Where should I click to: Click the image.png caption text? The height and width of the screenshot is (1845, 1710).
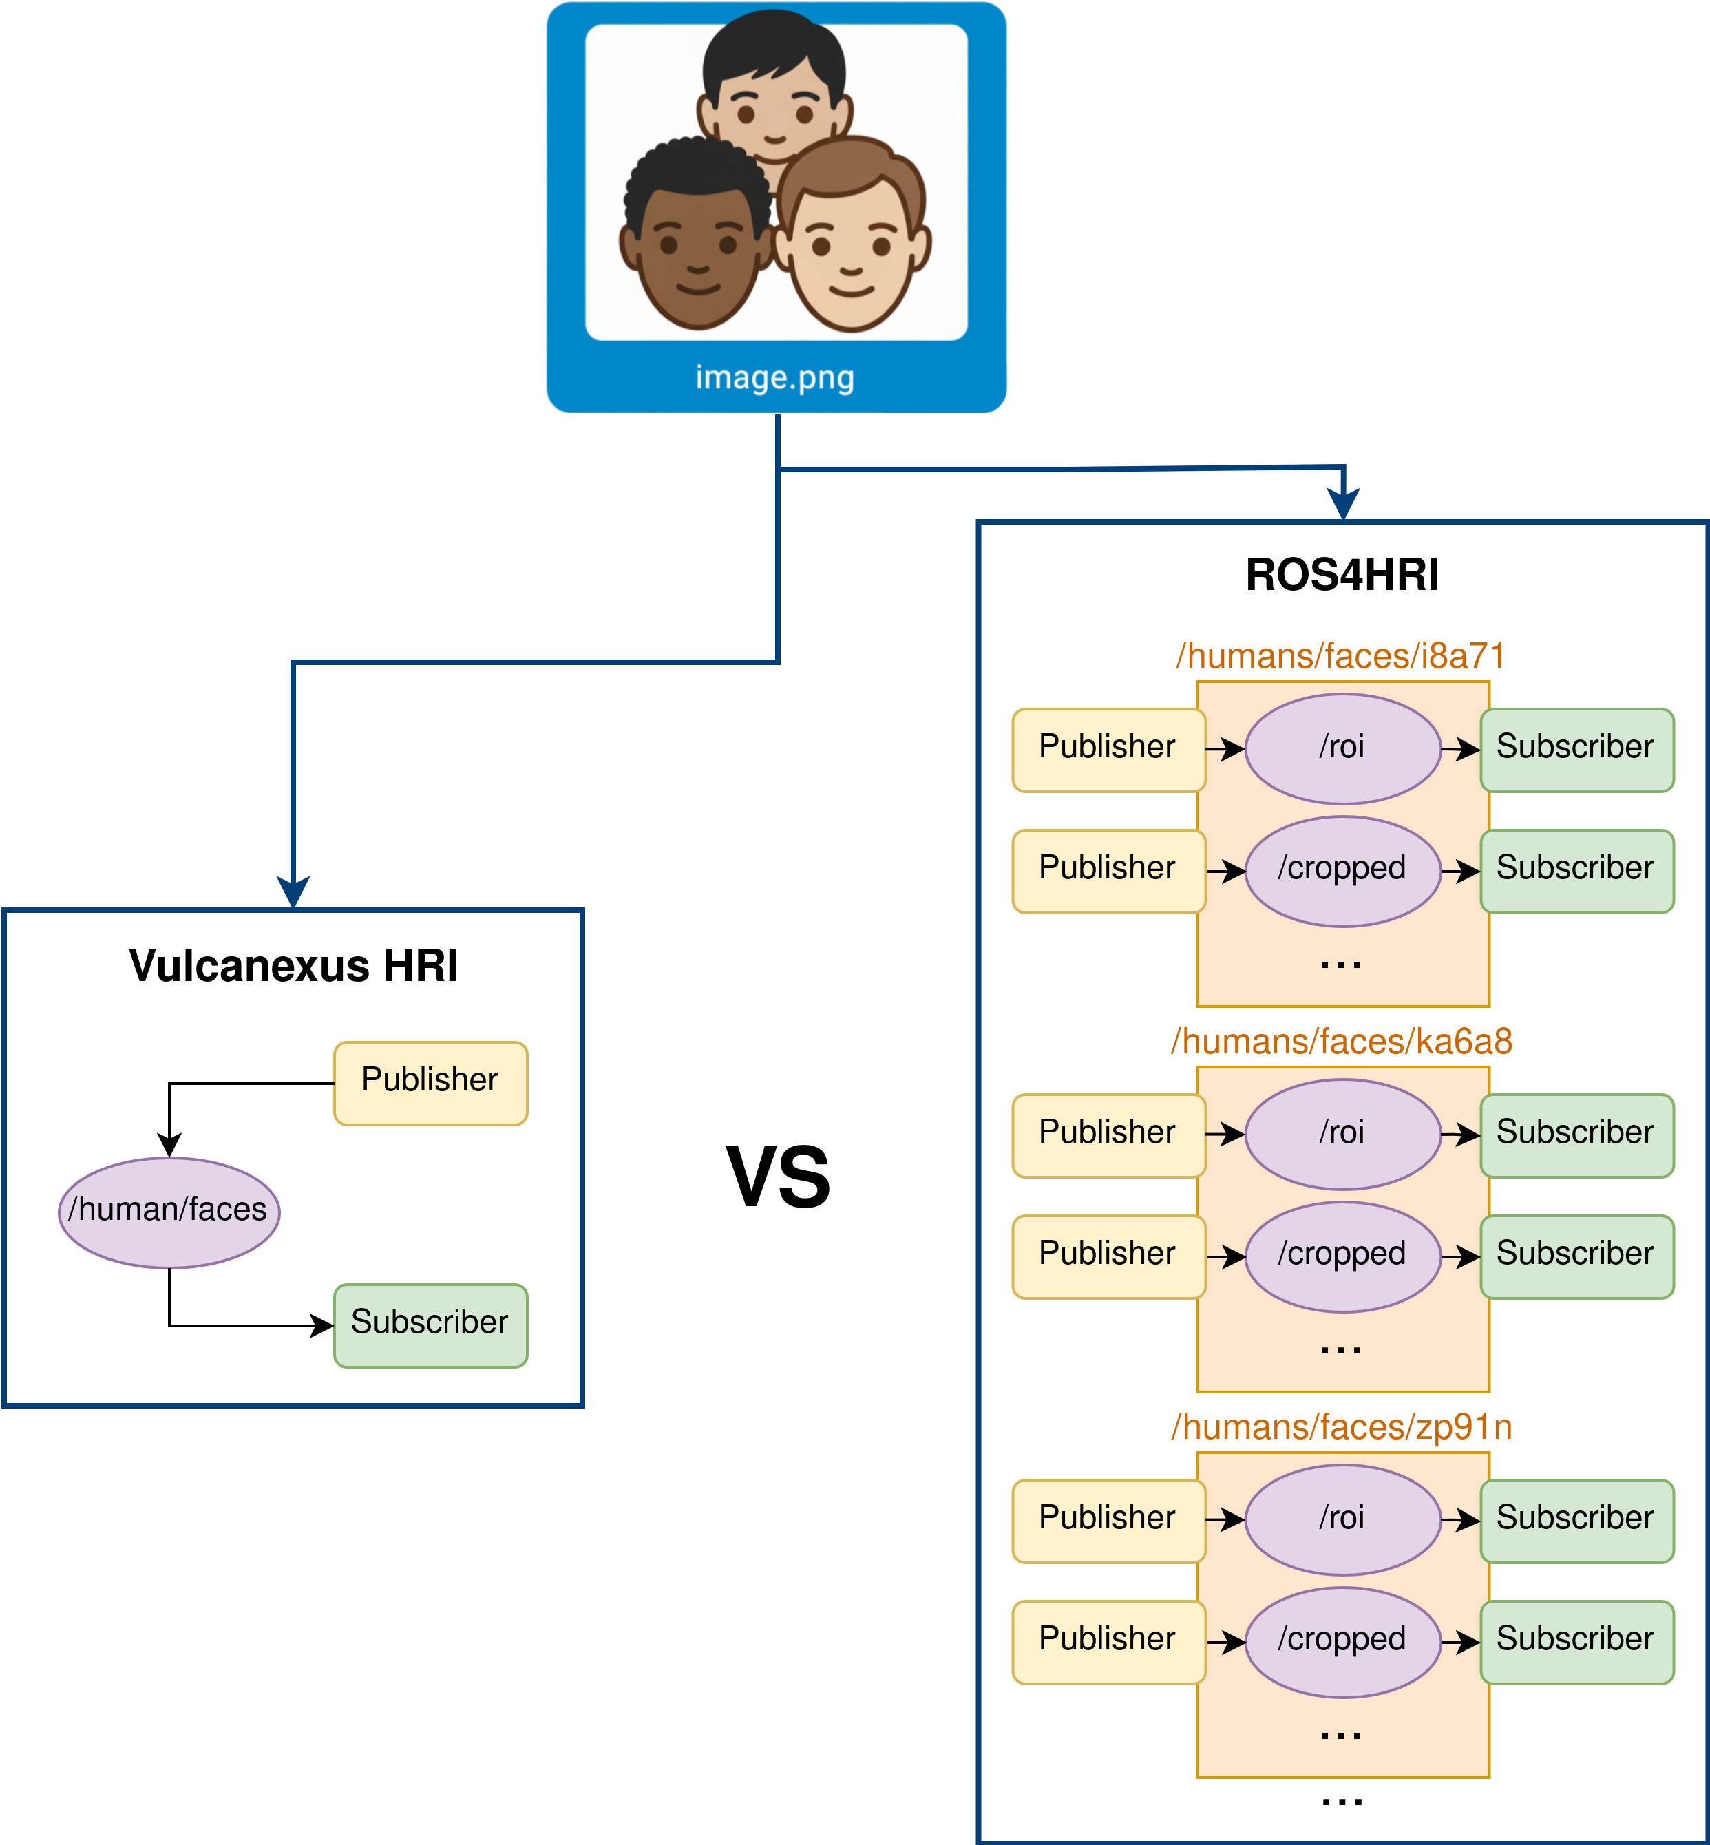coord(774,377)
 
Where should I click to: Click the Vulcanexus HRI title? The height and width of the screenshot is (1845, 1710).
coord(293,966)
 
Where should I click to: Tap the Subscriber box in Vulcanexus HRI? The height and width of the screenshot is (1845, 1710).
coord(430,1324)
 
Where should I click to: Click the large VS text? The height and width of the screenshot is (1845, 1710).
coord(778,1178)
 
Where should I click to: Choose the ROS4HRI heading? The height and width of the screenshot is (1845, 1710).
coord(1342,575)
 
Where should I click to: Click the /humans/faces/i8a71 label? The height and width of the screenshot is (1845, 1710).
coord(1341,656)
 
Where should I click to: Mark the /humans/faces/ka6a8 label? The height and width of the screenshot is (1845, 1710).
coord(1341,1042)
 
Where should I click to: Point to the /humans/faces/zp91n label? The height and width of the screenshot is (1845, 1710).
coord(1341,1426)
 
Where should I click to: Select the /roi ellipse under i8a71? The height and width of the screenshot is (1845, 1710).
coord(1342,748)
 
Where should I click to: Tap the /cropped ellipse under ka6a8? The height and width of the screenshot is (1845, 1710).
coord(1342,1256)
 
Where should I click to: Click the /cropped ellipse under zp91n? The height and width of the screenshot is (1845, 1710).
coord(1342,1641)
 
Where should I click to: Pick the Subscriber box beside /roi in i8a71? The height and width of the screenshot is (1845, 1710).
coord(1576,748)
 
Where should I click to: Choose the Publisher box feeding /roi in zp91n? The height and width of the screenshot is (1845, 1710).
coord(1108,1520)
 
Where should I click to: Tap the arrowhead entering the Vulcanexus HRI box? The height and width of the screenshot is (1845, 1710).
coord(293,893)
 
